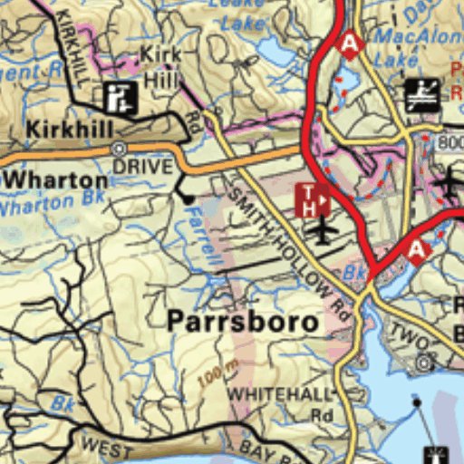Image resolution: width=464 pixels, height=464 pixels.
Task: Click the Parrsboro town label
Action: tap(243, 321)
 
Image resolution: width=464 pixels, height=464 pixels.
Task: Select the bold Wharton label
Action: tap(55, 179)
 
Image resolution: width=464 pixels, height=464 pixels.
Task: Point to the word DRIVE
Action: tap(142, 167)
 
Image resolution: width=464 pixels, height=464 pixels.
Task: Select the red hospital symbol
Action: tap(312, 198)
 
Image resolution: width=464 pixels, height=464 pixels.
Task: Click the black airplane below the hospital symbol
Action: tap(322, 230)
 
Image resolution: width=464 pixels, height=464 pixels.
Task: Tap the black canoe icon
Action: tap(422, 92)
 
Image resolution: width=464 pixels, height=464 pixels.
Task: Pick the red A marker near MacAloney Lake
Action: tap(349, 42)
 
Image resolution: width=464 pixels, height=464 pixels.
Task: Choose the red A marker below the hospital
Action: tap(417, 250)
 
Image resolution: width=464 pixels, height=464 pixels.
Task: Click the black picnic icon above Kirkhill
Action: tap(120, 94)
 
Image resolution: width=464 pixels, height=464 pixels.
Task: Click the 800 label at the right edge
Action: tap(449, 142)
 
